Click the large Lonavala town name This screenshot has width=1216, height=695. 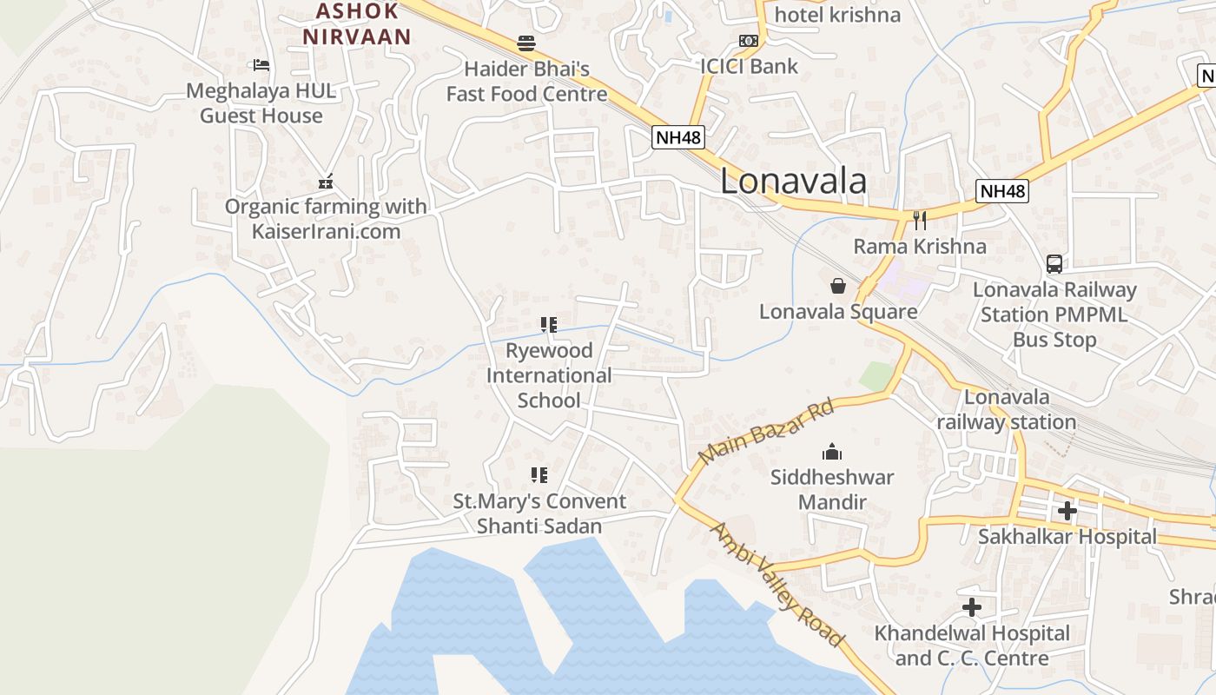793,181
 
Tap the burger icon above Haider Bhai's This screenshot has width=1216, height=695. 525,43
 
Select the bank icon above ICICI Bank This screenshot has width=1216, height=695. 748,40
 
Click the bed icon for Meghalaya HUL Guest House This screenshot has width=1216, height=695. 260,64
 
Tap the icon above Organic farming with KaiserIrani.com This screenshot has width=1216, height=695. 326,182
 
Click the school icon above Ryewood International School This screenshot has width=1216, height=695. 548,325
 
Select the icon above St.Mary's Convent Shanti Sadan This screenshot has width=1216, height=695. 539,475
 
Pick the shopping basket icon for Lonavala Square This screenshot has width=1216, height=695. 838,286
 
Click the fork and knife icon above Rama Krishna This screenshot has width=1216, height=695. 920,221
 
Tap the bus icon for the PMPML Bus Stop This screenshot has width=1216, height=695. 1054,263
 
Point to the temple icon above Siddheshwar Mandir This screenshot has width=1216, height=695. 832,452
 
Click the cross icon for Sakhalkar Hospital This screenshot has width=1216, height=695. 1067,511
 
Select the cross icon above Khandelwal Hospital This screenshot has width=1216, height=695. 971,607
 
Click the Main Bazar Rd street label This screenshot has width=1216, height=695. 766,432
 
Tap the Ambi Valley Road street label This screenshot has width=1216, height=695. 777,585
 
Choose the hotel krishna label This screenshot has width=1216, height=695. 837,15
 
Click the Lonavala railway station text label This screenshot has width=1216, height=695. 1007,409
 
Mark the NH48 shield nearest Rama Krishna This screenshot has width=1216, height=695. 1001,191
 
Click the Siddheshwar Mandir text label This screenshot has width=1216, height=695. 832,489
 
